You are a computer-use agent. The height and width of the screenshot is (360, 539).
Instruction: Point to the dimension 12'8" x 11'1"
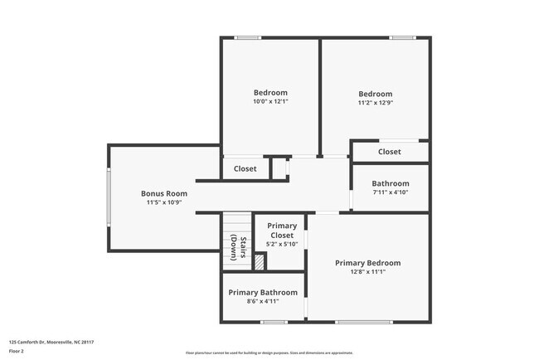coord(367,272)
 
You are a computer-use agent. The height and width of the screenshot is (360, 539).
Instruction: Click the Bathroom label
coord(390,183)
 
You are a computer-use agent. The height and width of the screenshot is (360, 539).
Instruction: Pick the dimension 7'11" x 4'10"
coord(390,192)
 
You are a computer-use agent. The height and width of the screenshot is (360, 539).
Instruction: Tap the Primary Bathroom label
coord(263,292)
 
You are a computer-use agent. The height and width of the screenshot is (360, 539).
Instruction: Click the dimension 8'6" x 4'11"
coord(263,301)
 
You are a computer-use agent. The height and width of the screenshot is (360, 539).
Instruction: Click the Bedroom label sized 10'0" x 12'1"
coord(270,92)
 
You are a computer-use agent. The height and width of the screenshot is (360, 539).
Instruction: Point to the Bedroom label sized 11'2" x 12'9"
coord(375,94)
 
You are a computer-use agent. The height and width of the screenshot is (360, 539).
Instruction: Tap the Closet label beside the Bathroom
coord(390,152)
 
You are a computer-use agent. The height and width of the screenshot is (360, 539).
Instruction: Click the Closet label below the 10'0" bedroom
coord(245,168)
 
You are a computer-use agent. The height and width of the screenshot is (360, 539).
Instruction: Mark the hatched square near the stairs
coord(260,262)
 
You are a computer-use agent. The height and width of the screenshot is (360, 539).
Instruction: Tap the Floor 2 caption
coord(17,351)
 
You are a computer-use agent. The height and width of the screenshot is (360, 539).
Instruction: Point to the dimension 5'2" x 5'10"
coord(282,244)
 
